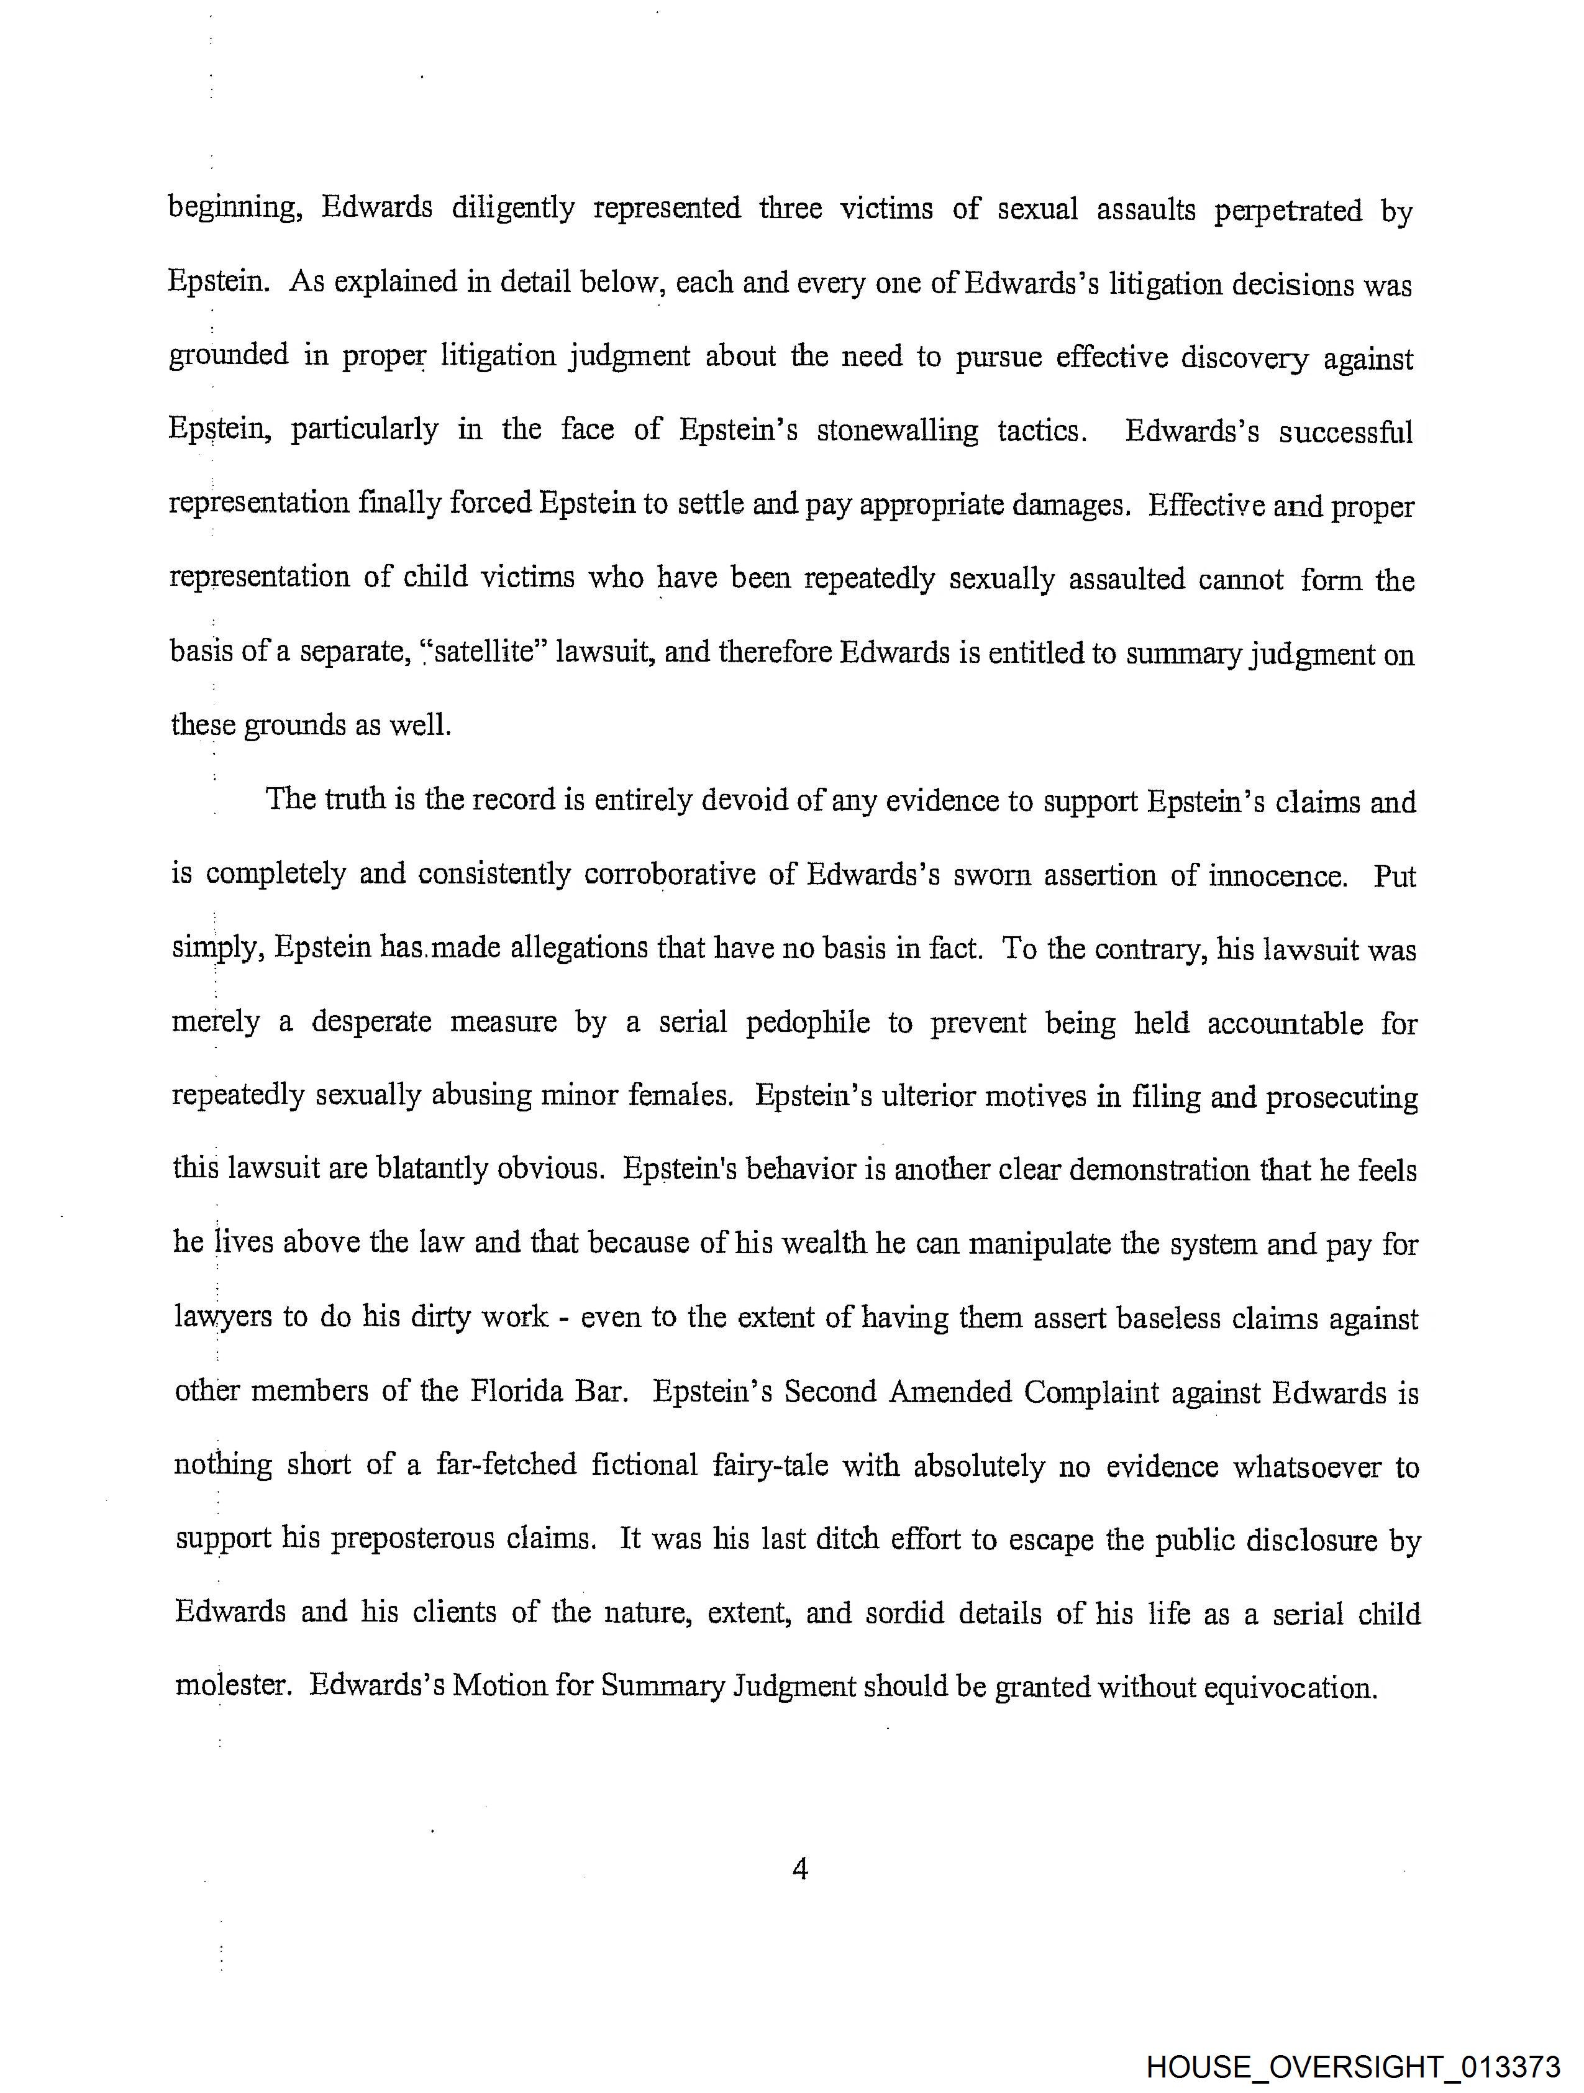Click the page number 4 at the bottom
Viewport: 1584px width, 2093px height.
coord(799,1869)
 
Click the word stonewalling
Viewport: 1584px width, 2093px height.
coord(897,431)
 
